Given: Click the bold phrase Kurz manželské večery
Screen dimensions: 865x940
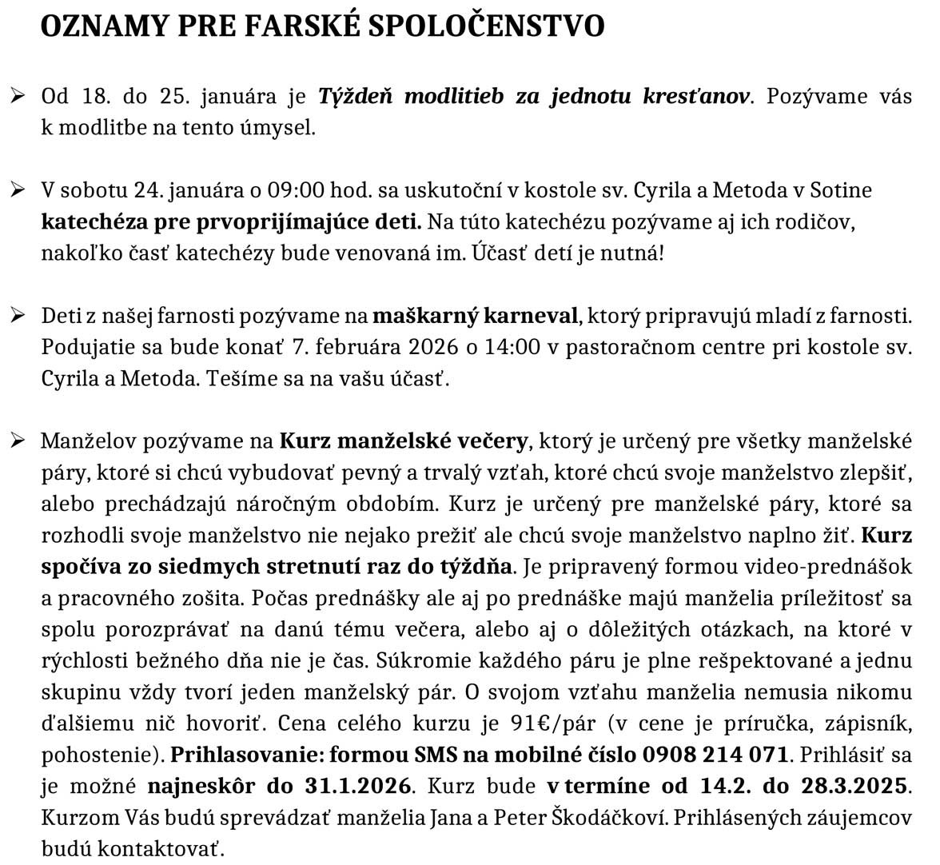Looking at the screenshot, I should click(403, 441).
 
